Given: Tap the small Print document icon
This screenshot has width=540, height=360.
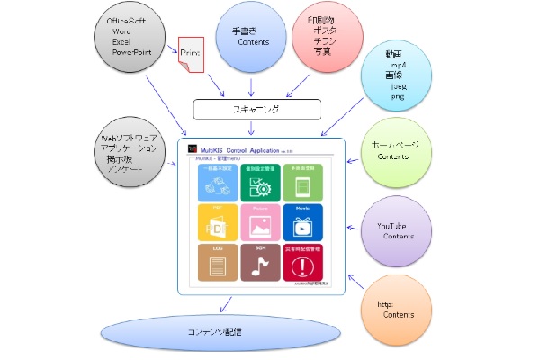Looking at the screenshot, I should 192,57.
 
